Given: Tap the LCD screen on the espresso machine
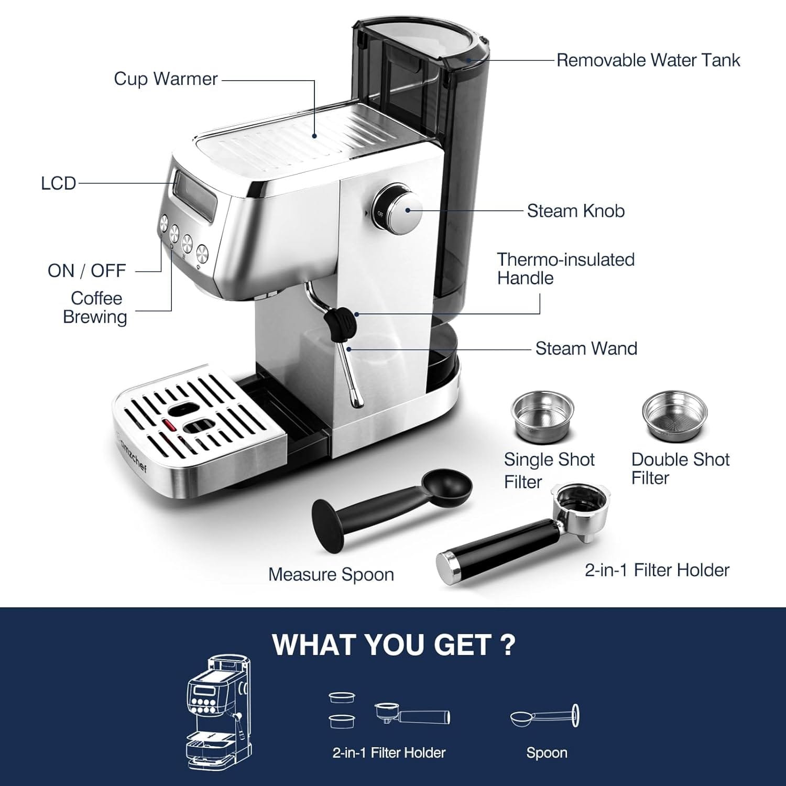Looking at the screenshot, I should pos(195,196).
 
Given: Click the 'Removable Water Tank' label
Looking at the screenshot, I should pos(648,60).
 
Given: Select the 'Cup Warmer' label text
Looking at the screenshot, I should pos(166,79).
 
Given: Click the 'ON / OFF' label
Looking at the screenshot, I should pos(86,271).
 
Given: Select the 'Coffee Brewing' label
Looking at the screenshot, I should pos(95,308).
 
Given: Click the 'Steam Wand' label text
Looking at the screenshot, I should pos(586,348).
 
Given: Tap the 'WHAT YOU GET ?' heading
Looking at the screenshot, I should pos(394,645).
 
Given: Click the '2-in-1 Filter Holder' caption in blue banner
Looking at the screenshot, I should pos(389,753).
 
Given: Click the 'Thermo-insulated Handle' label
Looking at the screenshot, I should pos(565,268).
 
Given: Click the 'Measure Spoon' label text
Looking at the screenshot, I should pos(331,574).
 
